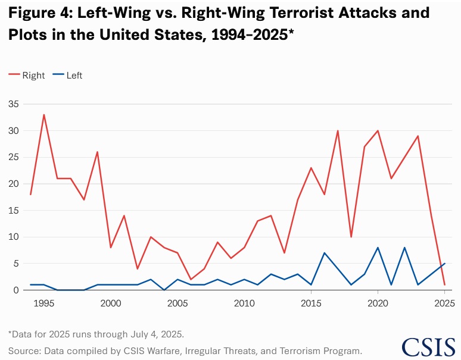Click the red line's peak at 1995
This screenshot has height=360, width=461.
[43, 115]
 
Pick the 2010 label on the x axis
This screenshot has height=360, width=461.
[244, 303]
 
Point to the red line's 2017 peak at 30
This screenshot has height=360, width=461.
[338, 131]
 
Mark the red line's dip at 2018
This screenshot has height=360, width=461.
[351, 237]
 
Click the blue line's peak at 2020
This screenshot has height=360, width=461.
[378, 248]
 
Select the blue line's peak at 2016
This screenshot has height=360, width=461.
[325, 253]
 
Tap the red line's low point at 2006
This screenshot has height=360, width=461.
[191, 280]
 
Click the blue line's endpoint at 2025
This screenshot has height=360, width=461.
[444, 264]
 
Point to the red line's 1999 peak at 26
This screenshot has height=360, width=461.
[97, 152]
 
